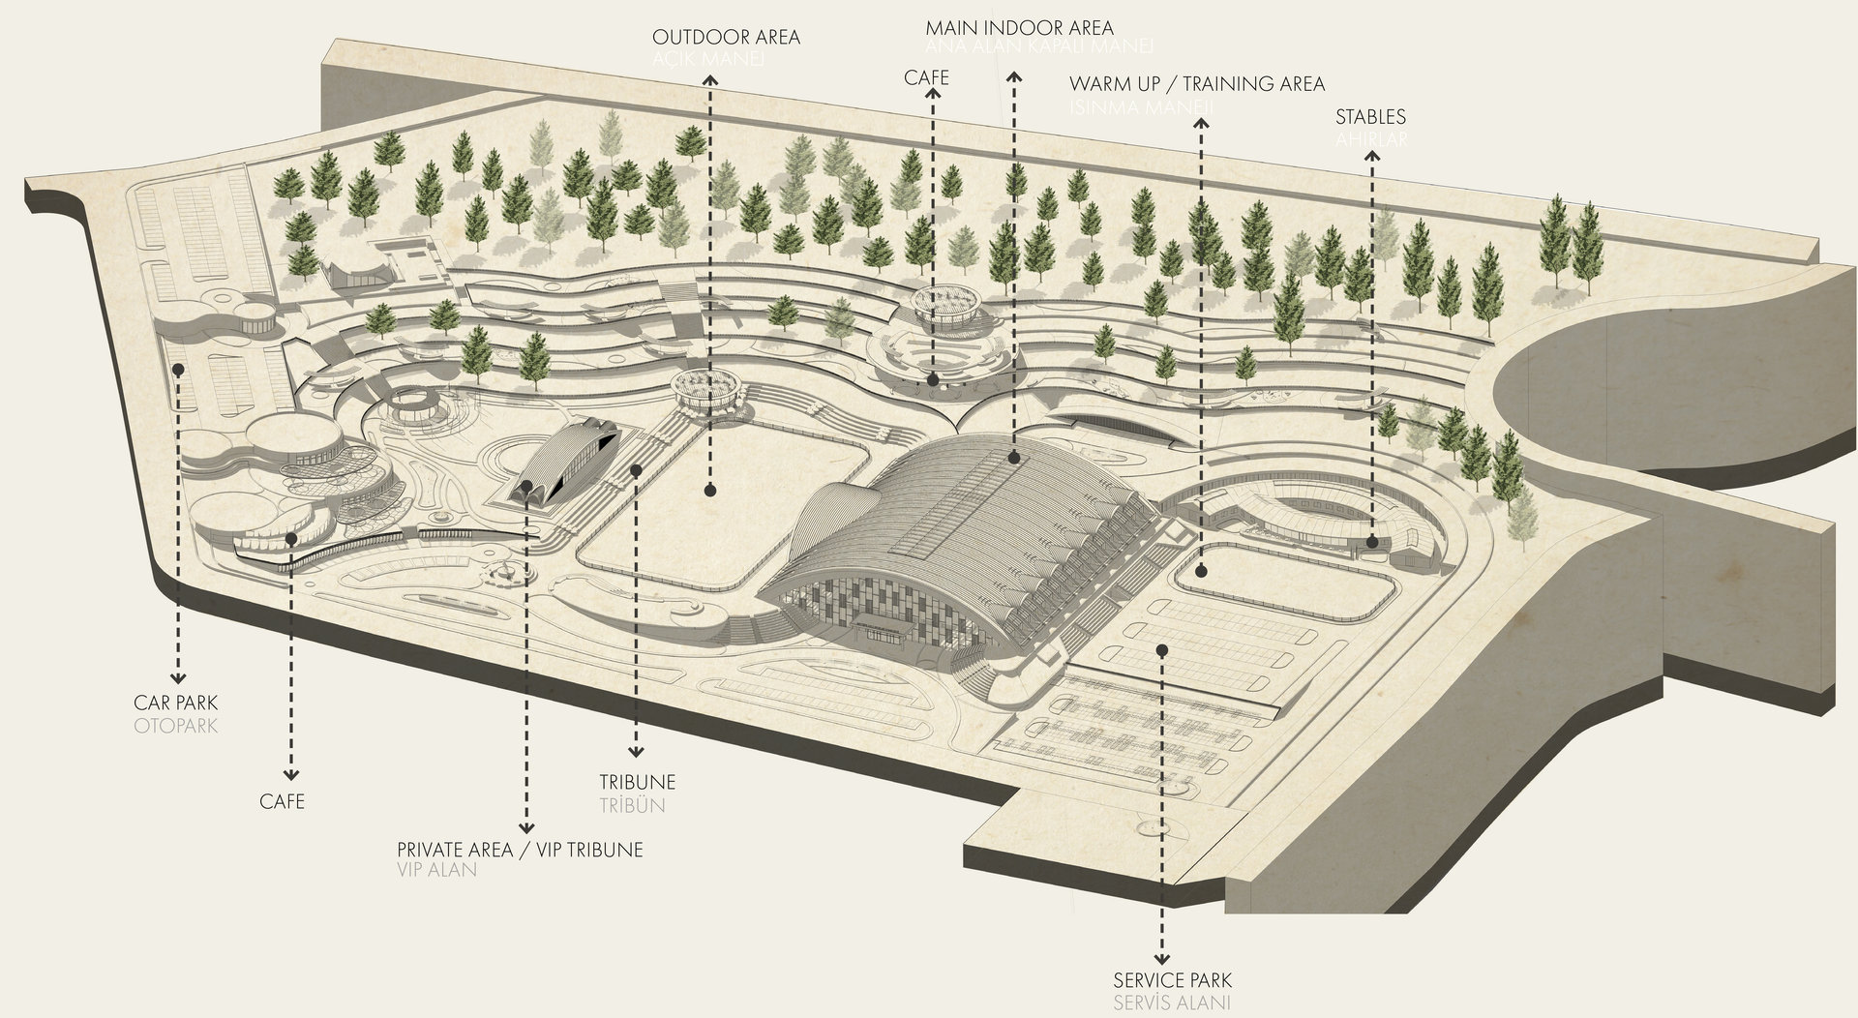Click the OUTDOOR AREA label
(726, 38)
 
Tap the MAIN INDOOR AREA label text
(1019, 27)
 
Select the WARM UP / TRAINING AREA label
(1197, 84)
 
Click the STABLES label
(1370, 117)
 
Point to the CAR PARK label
(176, 703)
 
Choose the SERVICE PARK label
(1173, 981)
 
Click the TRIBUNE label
(637, 782)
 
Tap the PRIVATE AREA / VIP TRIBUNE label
(520, 850)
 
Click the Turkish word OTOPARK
(176, 725)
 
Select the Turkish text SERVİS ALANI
(1173, 1003)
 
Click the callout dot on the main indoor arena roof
(1013, 455)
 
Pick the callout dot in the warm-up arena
(1201, 572)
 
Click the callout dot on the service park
(1161, 650)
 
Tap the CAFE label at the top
(926, 77)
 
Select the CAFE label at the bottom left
(282, 801)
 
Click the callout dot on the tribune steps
(636, 470)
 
